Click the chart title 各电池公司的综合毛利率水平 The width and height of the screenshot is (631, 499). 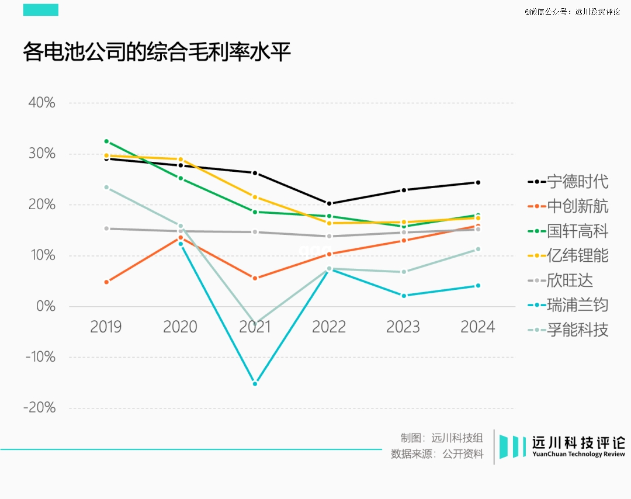157,52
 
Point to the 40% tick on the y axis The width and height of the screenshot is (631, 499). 41,103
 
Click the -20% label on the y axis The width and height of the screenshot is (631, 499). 39,408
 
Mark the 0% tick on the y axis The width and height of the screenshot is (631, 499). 45,306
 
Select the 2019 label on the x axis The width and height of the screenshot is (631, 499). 106,327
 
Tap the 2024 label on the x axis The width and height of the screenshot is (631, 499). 477,327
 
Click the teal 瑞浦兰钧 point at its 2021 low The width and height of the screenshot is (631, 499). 255,383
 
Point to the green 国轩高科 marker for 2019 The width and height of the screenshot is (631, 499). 106,141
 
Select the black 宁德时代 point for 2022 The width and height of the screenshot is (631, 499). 329,203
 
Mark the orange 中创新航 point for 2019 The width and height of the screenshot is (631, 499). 106,282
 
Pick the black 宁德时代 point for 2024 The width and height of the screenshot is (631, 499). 477,182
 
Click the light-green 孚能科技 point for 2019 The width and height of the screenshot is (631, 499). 106,187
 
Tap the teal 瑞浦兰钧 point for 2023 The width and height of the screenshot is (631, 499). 404,296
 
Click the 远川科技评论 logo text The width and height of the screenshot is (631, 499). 578,443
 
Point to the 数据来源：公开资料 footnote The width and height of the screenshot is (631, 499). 437,454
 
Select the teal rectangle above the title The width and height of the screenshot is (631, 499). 41,10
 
